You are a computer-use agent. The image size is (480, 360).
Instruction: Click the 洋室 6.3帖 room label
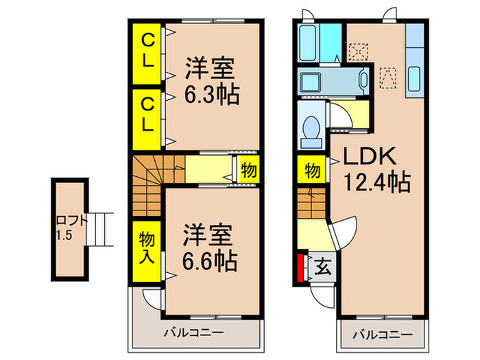pos(211,82)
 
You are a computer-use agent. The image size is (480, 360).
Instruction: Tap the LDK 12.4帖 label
pos(376,169)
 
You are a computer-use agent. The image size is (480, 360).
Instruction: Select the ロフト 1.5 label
pos(71,227)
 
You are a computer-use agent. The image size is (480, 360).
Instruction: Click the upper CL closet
pos(147,51)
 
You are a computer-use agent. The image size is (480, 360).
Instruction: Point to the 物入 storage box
pos(146,247)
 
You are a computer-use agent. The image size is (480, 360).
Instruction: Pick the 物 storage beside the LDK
pos(312,170)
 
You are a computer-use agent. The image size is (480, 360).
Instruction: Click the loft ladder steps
pos(99,229)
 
